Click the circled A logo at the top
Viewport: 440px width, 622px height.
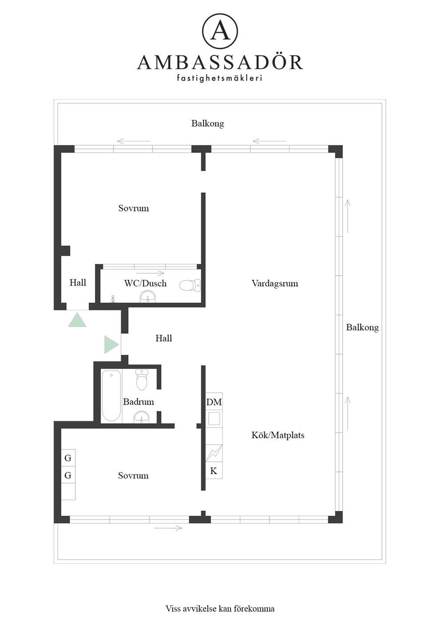[220, 32]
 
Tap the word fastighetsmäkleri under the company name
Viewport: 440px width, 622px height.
[219, 78]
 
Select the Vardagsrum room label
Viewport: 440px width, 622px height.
[275, 283]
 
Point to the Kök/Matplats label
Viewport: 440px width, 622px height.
[278, 435]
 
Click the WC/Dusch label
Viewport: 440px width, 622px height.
[145, 283]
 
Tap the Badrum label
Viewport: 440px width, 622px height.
[138, 402]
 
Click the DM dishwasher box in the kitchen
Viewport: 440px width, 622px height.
[214, 402]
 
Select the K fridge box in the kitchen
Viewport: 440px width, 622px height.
[214, 470]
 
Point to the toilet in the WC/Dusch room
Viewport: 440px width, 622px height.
[190, 285]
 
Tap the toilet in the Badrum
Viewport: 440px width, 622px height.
[142, 379]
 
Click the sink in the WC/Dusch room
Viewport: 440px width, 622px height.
[148, 297]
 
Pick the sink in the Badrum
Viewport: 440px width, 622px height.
[141, 417]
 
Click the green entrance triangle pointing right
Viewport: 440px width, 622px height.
[111, 345]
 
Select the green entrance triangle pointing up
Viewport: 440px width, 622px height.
[77, 320]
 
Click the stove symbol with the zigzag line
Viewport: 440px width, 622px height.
[214, 453]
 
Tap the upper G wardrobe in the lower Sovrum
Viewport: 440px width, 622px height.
[68, 458]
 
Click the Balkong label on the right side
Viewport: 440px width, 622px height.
[363, 328]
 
